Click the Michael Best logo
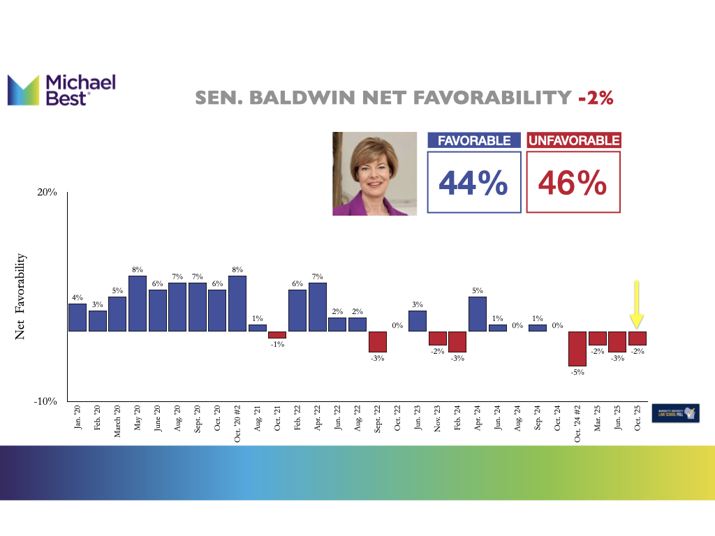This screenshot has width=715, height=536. coord(61,90)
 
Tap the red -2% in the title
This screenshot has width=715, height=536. coord(596,98)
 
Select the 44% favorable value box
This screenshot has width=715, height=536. coord(474,183)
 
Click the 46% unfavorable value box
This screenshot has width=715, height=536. coord(573,183)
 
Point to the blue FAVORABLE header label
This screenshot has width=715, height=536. coord(474,141)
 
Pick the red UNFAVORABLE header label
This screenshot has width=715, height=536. coord(573,141)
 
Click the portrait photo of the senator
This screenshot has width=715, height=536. coord(375,174)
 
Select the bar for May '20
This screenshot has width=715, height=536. coord(138,304)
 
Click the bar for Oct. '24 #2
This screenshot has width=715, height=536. coord(577,348)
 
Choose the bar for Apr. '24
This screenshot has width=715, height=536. coord(478,314)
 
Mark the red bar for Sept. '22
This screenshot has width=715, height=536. coord(378,341)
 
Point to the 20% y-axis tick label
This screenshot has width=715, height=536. coord(46,193)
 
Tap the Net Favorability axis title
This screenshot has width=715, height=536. coord(21,297)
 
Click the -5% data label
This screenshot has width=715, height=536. coord(577,373)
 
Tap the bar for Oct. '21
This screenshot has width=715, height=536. coord(278,335)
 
